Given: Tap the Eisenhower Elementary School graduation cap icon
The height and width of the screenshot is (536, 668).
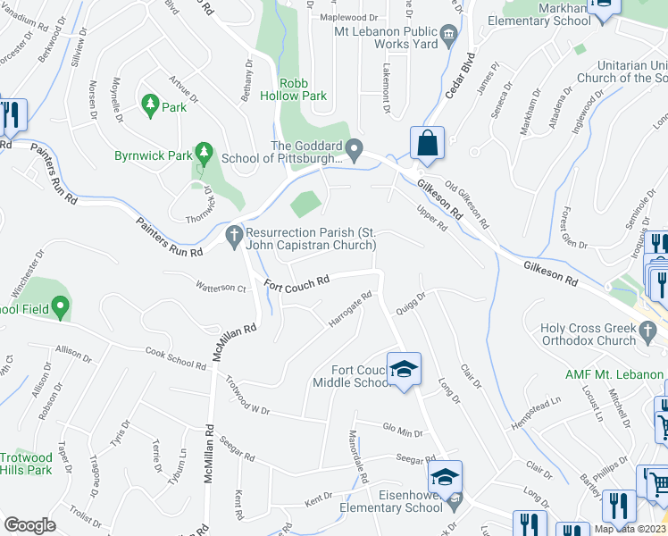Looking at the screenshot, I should point(446,477).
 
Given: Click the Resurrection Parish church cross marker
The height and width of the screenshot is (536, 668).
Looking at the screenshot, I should point(234,237).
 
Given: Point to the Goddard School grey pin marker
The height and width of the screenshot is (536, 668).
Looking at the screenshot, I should point(355,148).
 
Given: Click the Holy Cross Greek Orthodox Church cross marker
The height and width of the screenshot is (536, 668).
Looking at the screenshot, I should point(649,333).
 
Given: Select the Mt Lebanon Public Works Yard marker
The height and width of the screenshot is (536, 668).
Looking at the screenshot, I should point(448,35).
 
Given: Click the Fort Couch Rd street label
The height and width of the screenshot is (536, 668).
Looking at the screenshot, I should point(296,281).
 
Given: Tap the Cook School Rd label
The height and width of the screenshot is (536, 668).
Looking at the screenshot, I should point(175,356).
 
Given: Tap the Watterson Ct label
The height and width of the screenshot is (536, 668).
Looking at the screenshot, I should point(221,288).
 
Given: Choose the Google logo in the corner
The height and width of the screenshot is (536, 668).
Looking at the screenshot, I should point(29,525).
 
